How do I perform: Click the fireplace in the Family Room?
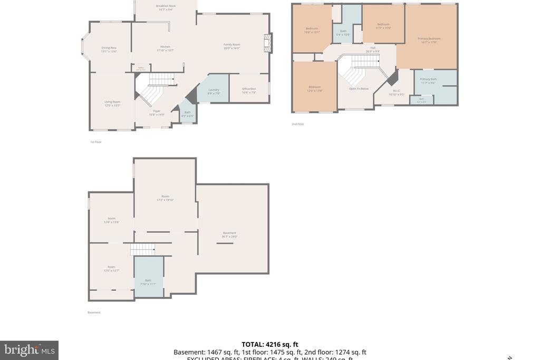coord(268,43)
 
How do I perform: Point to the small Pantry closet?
coord(141,68)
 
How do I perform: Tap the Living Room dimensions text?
coord(112,105)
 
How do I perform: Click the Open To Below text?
coord(359,89)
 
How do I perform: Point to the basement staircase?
coord(142,249)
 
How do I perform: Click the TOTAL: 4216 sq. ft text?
coord(269,345)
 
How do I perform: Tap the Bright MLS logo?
coord(29,350)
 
